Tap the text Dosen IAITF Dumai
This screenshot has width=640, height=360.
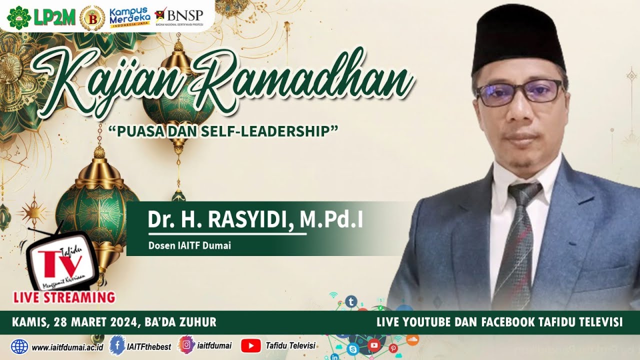[189, 245]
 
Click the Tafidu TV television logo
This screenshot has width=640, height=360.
[62, 260]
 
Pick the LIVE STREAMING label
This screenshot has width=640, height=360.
[64, 297]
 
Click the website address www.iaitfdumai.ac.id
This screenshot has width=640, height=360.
[67, 346]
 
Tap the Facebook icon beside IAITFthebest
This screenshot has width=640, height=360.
[117, 345]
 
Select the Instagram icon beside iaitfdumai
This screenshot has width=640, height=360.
[186, 345]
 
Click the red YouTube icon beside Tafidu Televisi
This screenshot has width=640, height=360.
[250, 345]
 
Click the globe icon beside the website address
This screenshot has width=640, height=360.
[20, 346]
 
